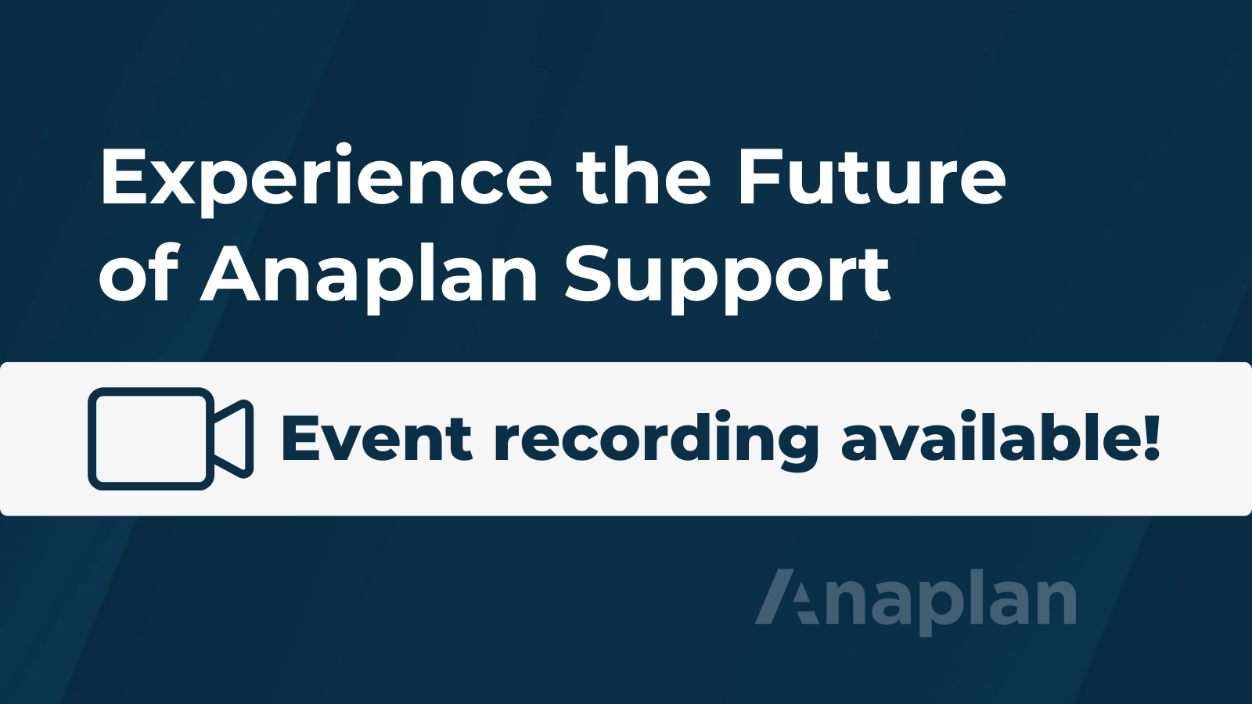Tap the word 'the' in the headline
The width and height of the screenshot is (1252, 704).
(642, 175)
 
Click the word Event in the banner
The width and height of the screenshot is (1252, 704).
(377, 439)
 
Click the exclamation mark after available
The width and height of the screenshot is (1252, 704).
(1149, 438)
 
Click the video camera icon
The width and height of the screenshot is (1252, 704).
(171, 439)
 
